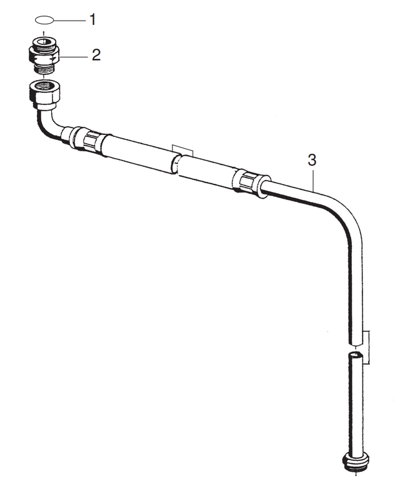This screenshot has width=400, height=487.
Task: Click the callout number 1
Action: [92, 20]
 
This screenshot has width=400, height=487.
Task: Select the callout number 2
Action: [96, 54]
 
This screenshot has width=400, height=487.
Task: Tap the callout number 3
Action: [312, 160]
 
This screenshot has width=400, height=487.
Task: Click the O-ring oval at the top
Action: [44, 20]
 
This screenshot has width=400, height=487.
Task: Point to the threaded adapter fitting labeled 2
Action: [44, 55]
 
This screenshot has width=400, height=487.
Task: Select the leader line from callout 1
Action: [69, 20]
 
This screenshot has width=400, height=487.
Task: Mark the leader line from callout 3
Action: [313, 179]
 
